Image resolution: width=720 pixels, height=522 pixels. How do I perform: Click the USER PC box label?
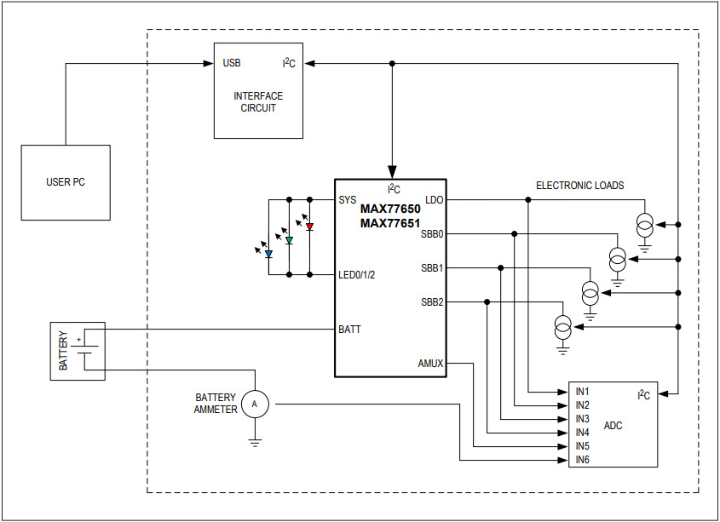pos(66,182)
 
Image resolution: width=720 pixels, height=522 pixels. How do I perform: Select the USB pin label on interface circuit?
pos(232,63)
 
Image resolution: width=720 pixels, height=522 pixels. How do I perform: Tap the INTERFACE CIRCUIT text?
pos(257,102)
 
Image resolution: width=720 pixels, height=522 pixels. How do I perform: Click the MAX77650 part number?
pos(390,208)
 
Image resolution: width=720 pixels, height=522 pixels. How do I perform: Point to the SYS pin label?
pos(348,200)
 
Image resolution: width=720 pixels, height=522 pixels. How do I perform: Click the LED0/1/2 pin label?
pos(357,274)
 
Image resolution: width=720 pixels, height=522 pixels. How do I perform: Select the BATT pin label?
pos(349,329)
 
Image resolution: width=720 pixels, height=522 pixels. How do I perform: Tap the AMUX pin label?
pos(430,363)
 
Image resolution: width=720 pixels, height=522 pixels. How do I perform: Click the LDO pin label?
pos(435,200)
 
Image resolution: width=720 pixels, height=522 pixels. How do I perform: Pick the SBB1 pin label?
pos(432,267)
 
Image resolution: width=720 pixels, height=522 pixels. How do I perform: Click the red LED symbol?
pos(309,227)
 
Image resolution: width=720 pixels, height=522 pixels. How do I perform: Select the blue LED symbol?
pos(268,254)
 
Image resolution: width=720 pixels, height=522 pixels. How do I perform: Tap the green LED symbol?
pos(289,241)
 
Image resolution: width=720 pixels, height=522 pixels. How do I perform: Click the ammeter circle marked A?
pos(254,404)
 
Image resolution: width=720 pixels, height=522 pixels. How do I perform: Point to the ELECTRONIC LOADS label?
pos(579,185)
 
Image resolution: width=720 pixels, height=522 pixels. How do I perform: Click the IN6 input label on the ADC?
pos(583,460)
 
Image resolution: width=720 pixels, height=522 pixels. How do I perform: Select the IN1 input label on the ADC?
pos(583,391)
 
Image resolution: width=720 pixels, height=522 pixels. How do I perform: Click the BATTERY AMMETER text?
pos(216,404)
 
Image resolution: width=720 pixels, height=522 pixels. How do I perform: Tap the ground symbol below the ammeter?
pos(254,442)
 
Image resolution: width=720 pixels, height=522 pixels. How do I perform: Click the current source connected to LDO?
pos(645,225)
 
